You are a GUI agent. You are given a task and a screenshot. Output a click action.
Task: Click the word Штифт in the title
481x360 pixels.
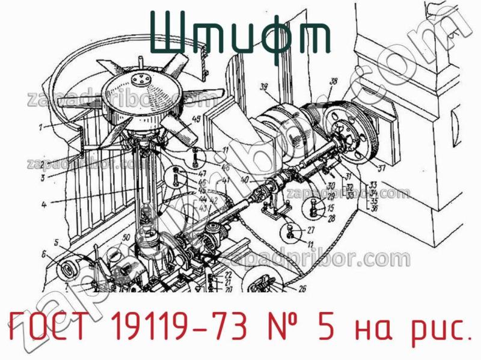point(239,37)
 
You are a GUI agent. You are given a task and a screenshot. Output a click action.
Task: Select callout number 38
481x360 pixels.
point(334,81)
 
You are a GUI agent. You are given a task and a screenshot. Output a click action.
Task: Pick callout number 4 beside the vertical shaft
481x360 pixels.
point(44,204)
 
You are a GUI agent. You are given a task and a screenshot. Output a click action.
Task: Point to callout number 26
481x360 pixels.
point(301,289)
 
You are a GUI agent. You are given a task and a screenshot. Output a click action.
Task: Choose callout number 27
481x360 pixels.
point(310,231)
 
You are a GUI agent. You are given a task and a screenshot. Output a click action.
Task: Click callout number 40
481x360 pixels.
point(244,179)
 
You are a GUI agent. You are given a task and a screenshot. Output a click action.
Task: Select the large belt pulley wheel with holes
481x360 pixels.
point(352,143)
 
